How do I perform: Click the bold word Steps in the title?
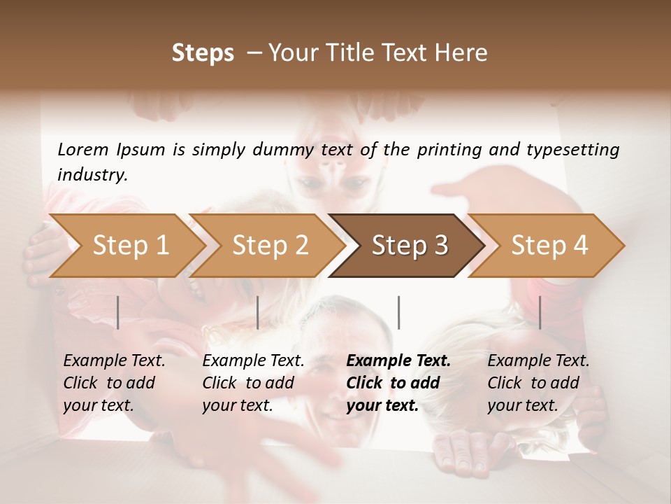click(203, 53)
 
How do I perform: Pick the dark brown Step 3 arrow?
click(409, 246)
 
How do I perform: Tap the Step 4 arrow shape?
click(549, 246)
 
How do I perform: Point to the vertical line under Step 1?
click(118, 312)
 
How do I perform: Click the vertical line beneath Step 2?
click(258, 312)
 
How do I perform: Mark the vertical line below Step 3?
click(398, 312)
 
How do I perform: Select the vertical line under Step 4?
click(540, 312)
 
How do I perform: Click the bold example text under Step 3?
click(398, 383)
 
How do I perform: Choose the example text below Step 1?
click(114, 383)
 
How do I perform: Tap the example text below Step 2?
click(253, 383)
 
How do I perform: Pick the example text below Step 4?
click(537, 383)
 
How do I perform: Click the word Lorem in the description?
click(83, 150)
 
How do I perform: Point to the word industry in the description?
click(92, 175)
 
